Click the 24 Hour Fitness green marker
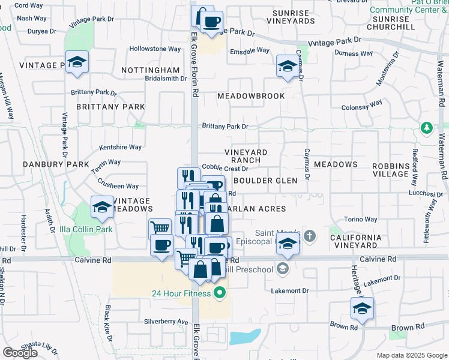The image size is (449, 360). (x=220, y=293)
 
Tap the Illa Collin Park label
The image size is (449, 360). (x=86, y=229)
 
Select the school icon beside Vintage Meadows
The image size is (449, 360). (x=102, y=208)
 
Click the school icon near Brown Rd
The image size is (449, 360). (x=362, y=308)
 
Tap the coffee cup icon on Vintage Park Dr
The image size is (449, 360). (x=211, y=23)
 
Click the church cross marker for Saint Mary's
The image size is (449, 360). (x=310, y=235)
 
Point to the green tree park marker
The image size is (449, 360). (x=426, y=128)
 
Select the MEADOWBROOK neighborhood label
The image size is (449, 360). (x=251, y=96)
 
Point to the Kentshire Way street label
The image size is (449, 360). (x=120, y=147)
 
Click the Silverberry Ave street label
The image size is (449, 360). (x=166, y=322)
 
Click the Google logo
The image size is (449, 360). (x=20, y=353)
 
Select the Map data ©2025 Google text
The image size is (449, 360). (x=411, y=355)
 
